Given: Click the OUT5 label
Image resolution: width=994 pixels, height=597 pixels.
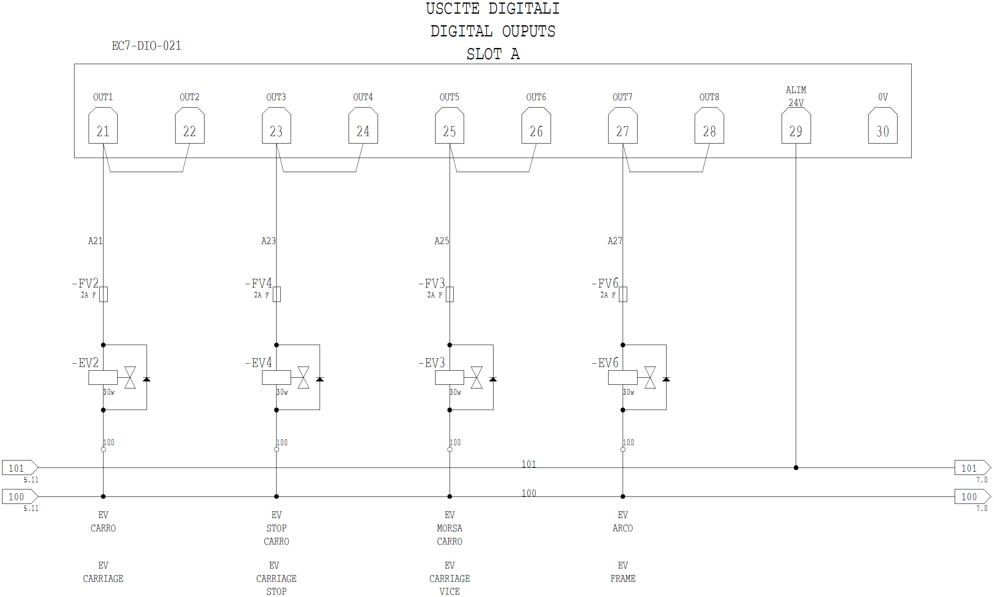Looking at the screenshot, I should click(449, 97).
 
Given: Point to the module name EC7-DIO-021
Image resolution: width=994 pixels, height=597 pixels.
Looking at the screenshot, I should click(147, 46).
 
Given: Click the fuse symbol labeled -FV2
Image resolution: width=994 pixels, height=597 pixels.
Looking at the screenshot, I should click(103, 294).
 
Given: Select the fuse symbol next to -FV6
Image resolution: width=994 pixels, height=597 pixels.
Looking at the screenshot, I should click(623, 294).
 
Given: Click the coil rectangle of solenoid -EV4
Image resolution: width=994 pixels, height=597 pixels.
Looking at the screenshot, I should click(276, 377).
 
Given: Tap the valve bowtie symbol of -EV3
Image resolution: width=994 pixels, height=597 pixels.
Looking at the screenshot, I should click(477, 377).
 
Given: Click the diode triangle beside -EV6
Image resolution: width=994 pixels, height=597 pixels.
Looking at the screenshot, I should click(666, 379).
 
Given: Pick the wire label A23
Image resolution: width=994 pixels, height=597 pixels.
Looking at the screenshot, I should click(268, 241).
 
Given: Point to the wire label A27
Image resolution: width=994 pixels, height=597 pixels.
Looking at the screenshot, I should click(615, 241).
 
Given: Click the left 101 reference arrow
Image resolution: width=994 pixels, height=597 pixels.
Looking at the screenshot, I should click(20, 468).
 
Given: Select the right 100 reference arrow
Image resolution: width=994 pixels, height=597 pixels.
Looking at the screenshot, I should click(972, 496).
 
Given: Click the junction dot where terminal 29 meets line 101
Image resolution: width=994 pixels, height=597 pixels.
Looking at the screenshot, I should click(796, 468).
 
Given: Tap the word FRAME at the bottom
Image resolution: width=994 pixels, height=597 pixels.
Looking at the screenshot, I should click(623, 578).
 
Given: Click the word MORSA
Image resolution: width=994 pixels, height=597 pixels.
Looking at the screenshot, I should click(450, 528).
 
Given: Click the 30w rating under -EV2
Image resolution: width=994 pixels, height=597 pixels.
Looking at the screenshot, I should click(109, 392).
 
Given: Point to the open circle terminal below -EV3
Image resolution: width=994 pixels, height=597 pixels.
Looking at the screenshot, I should click(450, 449).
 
